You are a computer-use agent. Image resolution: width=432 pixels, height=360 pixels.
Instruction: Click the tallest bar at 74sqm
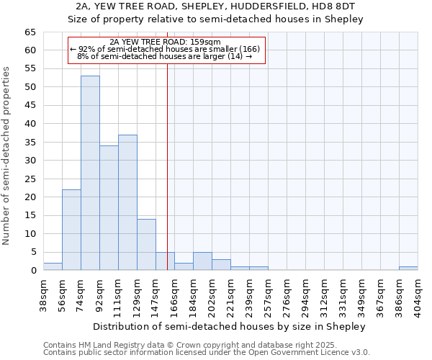[x=90, y=173]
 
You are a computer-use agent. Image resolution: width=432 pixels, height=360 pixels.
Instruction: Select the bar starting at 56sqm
[x=71, y=230]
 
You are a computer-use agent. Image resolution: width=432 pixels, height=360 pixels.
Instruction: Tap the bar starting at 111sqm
[x=127, y=202]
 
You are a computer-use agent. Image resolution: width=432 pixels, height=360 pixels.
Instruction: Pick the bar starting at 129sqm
[x=146, y=245]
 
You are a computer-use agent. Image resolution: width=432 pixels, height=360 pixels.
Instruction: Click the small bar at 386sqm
[x=408, y=269]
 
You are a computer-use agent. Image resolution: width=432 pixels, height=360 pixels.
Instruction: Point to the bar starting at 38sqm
[x=53, y=266]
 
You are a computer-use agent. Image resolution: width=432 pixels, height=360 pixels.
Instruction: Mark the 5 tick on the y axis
[x=33, y=252]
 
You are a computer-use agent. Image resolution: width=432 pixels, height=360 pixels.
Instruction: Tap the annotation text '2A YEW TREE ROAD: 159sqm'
[x=166, y=42]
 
